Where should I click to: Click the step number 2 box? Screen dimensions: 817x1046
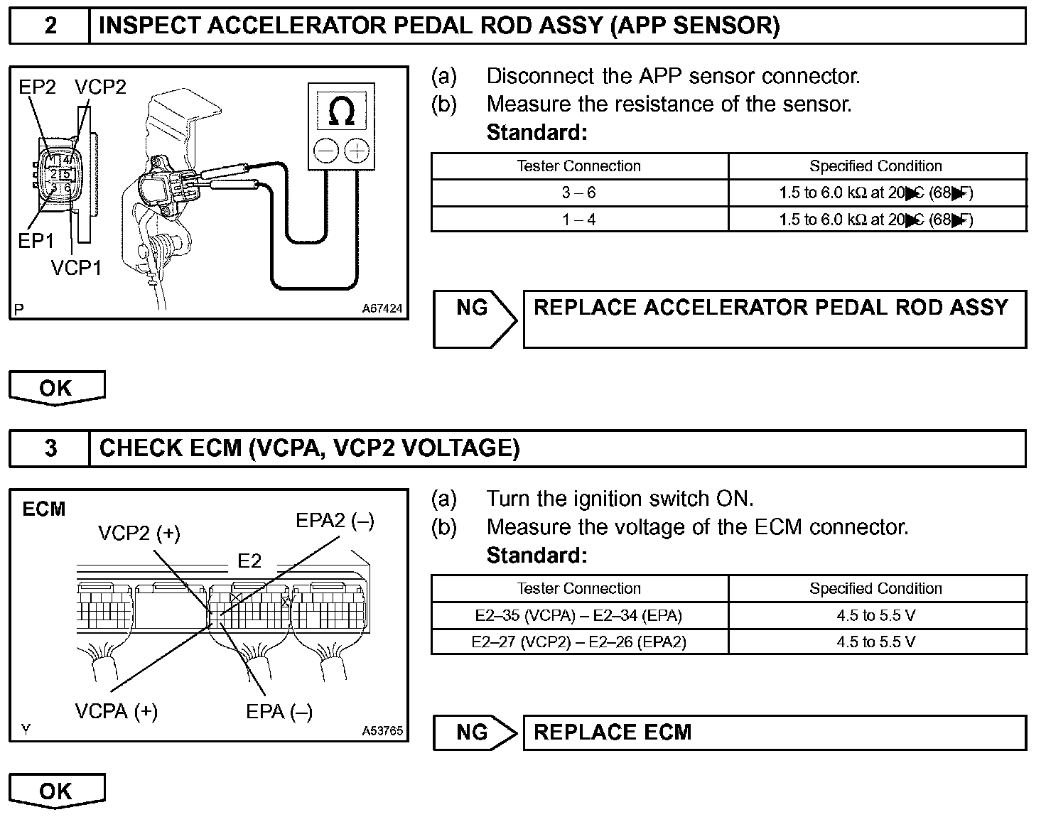pos(50,26)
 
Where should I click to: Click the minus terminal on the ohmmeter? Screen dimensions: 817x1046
pos(326,151)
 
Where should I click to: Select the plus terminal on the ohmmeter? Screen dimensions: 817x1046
pos(356,151)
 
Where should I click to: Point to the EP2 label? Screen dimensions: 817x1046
pos(37,87)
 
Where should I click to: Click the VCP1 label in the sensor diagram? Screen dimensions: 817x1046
pos(76,268)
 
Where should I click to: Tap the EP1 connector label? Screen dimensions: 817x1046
pos(36,242)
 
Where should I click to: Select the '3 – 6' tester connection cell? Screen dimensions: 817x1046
pos(579,193)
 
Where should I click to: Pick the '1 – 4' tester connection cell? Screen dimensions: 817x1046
pos(579,220)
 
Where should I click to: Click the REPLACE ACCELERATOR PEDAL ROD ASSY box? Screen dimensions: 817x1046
pos(774,318)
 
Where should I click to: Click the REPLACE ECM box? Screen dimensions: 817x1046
pos(774,732)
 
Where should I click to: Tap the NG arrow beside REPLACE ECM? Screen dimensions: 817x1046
pos(475,732)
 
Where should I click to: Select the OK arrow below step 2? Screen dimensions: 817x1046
pos(56,389)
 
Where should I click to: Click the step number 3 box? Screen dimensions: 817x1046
pos(50,448)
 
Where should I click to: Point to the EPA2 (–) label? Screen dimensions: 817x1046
pos(335,521)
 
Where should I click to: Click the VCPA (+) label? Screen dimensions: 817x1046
pos(116,711)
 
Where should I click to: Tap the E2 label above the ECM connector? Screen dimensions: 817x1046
pos(249,561)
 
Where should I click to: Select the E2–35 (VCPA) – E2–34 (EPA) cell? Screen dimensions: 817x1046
pos(579,616)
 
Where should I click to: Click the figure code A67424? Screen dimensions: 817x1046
pos(382,309)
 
